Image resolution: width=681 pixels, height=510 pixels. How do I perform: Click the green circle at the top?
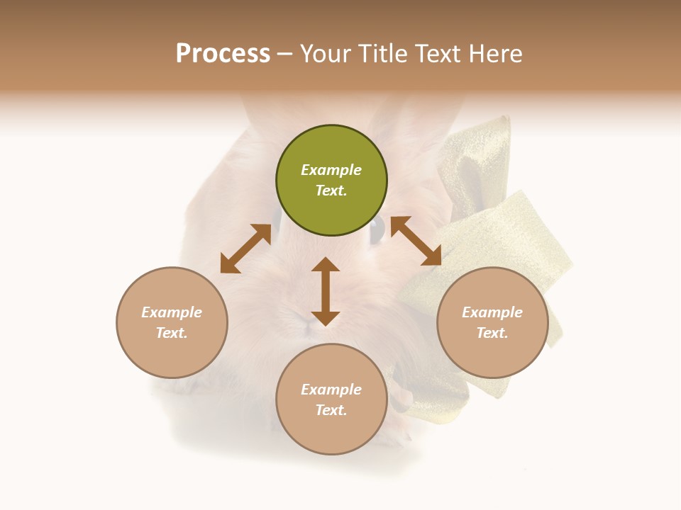[331, 180]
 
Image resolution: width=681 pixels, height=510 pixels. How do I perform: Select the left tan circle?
[172, 322]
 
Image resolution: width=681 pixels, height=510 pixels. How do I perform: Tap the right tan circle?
[492, 322]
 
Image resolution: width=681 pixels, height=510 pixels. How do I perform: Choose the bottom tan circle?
[331, 399]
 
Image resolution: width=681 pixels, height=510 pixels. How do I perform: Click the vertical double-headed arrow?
[326, 291]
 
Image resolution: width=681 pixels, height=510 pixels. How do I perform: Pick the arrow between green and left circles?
[245, 249]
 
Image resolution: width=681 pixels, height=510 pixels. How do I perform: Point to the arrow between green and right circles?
[416, 241]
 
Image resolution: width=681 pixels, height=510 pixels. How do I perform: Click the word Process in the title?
[223, 54]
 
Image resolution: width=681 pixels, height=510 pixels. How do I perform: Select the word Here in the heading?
[496, 54]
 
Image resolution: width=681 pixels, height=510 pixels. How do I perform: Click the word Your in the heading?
[325, 54]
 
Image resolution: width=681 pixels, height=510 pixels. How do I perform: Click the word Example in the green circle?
[331, 170]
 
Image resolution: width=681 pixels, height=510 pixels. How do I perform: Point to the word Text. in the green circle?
[331, 191]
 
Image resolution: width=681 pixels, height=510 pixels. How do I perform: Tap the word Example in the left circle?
[172, 312]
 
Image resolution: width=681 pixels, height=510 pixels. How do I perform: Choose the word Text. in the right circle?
[492, 333]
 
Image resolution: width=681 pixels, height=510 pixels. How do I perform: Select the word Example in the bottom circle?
[331, 390]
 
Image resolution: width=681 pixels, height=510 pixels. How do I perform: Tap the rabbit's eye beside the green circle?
[377, 228]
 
